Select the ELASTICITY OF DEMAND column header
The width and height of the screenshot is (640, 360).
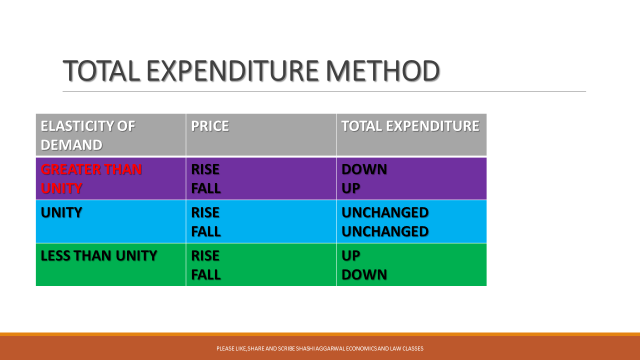pos(86,135)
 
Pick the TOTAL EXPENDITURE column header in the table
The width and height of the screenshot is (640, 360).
pos(410,127)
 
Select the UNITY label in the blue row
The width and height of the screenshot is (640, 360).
pos(62,213)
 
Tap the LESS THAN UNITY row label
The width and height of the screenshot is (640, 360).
pos(98,256)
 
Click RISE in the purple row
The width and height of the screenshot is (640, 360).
pos(205,170)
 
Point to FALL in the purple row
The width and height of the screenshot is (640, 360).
pos(205,187)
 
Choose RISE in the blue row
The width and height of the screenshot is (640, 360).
pos(205,213)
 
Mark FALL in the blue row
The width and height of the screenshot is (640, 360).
pos(205,231)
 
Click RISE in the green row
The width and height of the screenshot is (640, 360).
pos(205,256)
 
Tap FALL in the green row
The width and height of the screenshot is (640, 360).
pos(205,274)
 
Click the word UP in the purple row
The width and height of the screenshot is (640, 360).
pos(352,187)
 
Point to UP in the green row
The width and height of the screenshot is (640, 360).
pos(352,256)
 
